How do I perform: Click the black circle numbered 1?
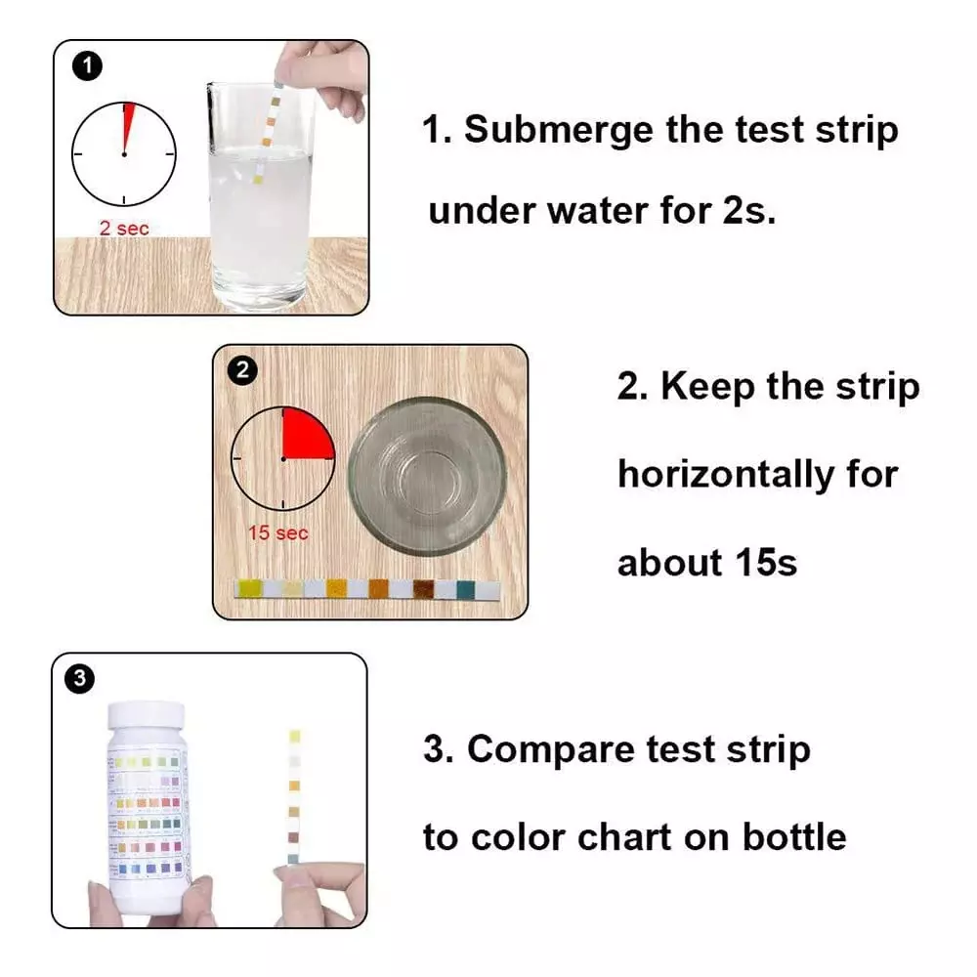pyautogui.click(x=87, y=65)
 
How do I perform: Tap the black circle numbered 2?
pyautogui.click(x=242, y=370)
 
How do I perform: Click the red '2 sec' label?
pyautogui.click(x=124, y=228)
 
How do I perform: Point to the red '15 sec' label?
pyautogui.click(x=277, y=532)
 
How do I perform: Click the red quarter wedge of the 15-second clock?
pyautogui.click(x=305, y=438)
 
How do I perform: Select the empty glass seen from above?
pyautogui.click(x=427, y=476)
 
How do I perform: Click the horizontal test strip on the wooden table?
pyautogui.click(x=368, y=589)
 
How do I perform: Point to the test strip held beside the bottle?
pyautogui.click(x=294, y=796)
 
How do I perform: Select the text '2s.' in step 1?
pyautogui.click(x=748, y=210)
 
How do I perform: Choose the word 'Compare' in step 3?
pyautogui.click(x=552, y=749)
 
